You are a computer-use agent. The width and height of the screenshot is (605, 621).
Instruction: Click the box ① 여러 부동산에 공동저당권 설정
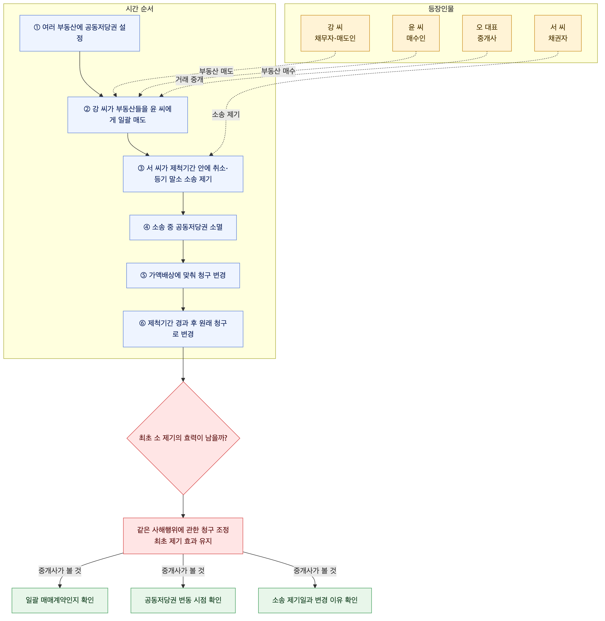click(80, 33)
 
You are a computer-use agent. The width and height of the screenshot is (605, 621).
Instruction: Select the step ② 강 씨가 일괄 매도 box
click(128, 115)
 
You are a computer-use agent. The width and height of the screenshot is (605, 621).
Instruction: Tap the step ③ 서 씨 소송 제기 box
click(183, 174)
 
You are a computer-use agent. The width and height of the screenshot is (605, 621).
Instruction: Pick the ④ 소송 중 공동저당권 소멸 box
click(183, 227)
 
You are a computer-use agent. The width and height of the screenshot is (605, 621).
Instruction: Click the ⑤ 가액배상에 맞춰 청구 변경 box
click(183, 276)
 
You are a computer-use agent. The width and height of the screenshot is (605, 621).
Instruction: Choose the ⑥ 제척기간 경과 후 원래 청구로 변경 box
click(183, 329)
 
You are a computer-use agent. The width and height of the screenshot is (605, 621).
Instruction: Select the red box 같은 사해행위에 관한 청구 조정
click(183, 536)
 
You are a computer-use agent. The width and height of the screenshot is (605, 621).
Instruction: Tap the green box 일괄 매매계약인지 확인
click(60, 600)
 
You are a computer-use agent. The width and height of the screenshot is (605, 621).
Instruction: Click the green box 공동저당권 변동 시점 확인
click(183, 600)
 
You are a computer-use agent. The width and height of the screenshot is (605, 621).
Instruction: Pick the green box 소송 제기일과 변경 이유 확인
click(315, 600)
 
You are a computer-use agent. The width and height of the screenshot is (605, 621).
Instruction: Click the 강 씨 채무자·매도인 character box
click(335, 33)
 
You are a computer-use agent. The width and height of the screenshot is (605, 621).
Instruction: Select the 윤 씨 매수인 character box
click(416, 33)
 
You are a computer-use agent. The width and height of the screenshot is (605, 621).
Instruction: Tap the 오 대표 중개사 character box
click(487, 33)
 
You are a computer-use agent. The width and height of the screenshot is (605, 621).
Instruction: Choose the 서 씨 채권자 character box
click(558, 33)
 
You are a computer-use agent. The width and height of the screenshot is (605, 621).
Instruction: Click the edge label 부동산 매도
click(216, 71)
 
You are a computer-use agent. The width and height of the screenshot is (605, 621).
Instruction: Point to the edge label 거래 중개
click(189, 79)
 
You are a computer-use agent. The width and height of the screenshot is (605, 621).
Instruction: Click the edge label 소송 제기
click(226, 114)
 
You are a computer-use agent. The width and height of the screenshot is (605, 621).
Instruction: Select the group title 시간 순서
click(140, 9)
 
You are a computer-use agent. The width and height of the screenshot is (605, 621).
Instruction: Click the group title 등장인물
click(441, 9)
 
